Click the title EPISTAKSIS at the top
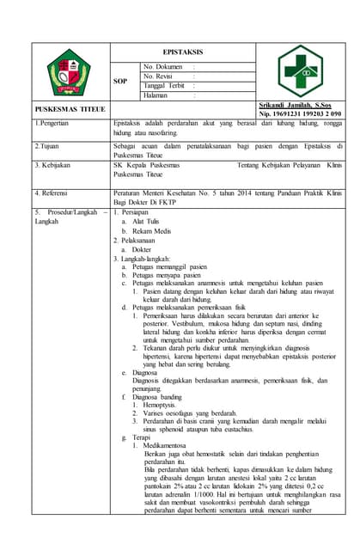tap(178, 52)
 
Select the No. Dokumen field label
tap(163, 66)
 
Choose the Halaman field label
tap(157, 95)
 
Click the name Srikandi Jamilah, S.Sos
tap(292, 104)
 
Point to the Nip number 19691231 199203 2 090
tap(300, 113)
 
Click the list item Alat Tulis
tap(150, 221)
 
